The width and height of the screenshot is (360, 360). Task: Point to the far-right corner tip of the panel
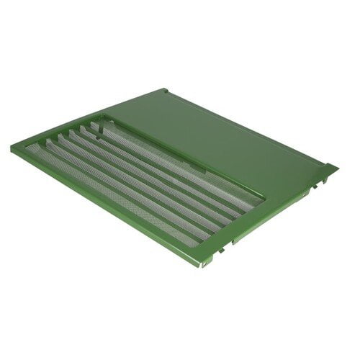[x=336, y=169]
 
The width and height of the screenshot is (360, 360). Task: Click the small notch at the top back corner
[x=166, y=91]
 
